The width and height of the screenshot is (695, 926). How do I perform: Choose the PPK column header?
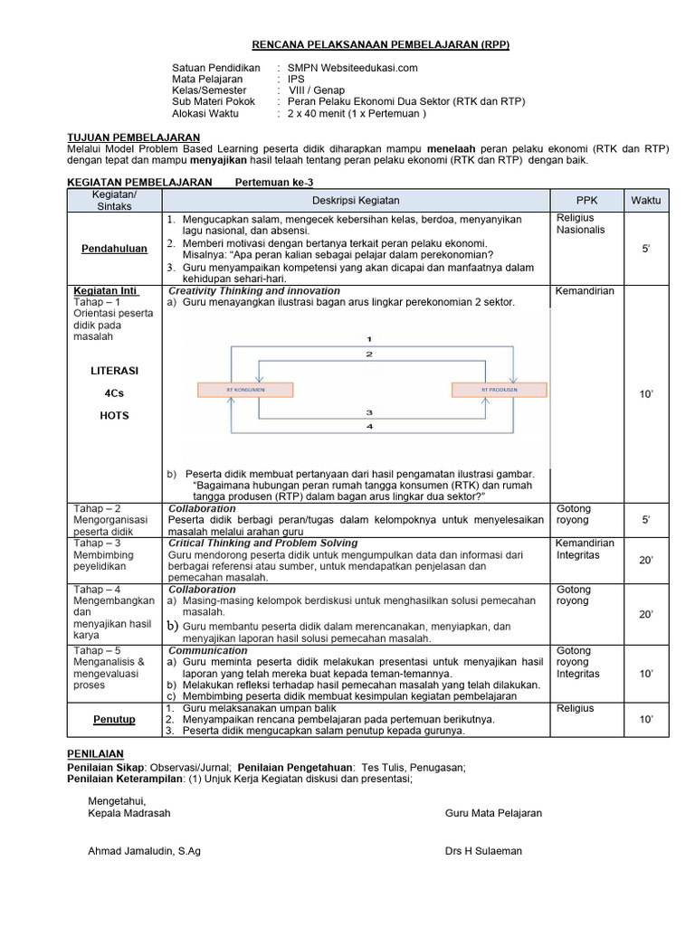586,200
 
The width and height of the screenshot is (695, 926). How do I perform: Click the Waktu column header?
646,200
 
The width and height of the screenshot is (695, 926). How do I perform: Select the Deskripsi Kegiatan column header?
356,200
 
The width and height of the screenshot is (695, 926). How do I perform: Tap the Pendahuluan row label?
115,248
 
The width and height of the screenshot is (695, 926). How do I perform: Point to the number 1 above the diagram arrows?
369,338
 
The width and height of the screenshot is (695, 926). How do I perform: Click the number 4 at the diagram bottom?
369,425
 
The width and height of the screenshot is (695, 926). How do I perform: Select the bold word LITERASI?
115,371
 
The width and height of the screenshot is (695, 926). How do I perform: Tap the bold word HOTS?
115,416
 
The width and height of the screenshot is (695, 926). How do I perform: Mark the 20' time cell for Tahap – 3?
646,561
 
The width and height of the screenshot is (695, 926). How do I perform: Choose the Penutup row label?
115,719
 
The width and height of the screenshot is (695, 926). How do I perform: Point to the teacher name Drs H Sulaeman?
483,851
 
